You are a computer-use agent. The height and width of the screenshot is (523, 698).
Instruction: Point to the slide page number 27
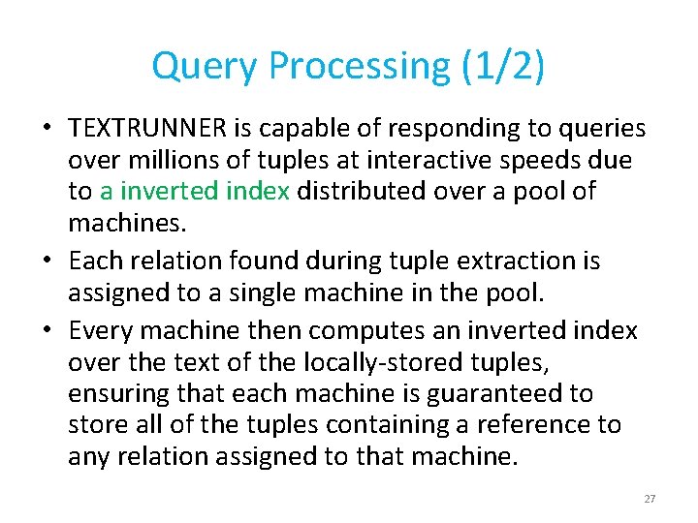pos(650,499)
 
